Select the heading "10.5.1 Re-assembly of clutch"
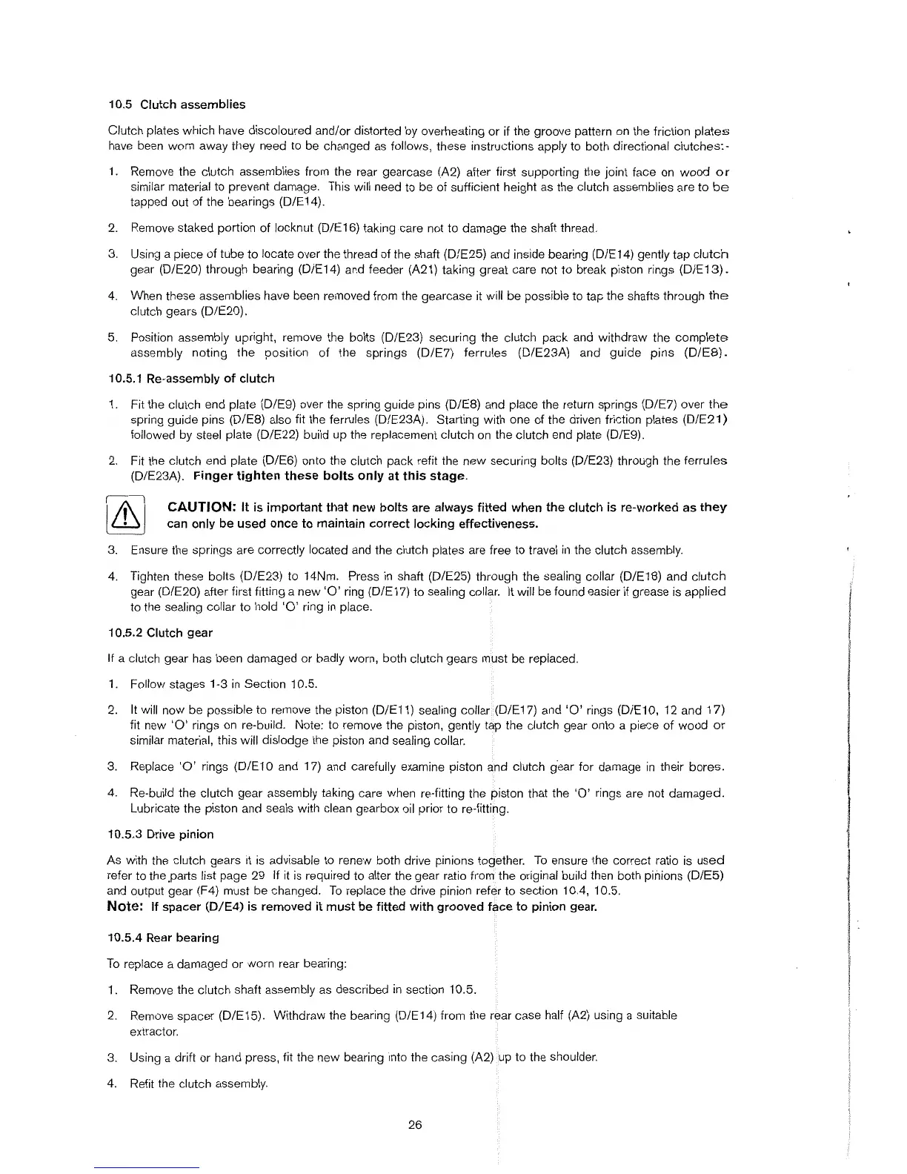point(190,379)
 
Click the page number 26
point(415,1125)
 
